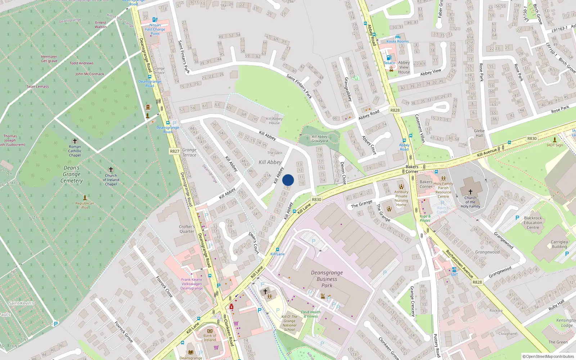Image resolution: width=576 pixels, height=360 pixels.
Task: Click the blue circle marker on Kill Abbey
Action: pos(288,180)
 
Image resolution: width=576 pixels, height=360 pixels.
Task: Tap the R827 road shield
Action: pos(175,151)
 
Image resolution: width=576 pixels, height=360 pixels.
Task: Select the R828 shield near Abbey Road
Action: pos(395,110)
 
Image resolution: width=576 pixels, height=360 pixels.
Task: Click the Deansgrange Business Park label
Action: pos(327,279)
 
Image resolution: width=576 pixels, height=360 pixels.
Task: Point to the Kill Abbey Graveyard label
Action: pos(320,139)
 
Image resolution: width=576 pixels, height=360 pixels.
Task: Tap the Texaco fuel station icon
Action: pos(388,58)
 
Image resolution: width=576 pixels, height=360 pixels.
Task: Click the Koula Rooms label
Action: pos(397,41)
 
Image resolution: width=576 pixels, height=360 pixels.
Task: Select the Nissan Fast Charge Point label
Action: pos(155,29)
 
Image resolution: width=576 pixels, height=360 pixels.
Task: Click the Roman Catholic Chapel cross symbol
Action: pos(75,141)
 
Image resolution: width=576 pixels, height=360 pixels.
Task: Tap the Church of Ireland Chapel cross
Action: pos(111,170)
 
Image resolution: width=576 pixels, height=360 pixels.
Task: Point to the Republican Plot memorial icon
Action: pos(85,198)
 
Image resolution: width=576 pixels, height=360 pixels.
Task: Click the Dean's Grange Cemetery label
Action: pos(72,174)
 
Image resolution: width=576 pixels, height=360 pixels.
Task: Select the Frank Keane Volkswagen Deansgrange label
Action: pos(192,284)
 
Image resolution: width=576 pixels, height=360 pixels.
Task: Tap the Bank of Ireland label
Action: pos(210,338)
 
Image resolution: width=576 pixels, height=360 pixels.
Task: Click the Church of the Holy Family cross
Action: pos(470,192)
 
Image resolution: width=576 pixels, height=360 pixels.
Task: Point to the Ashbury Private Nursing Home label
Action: pos(401,198)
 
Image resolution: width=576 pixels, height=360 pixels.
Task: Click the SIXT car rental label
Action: pos(454,275)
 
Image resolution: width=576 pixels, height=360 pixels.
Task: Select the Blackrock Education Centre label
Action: pos(533,222)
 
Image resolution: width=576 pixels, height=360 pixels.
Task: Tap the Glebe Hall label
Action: pos(479,133)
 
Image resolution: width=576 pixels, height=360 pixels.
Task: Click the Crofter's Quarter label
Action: pos(186,229)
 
